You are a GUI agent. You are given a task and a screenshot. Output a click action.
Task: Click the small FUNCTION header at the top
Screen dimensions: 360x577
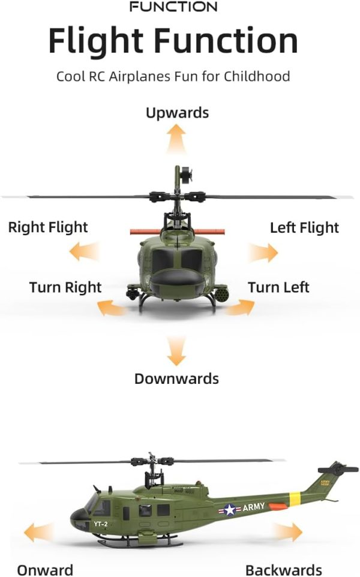(173, 7)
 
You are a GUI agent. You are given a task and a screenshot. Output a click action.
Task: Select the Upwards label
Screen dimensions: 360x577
(177, 113)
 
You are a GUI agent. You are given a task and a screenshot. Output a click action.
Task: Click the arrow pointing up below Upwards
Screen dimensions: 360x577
(176, 139)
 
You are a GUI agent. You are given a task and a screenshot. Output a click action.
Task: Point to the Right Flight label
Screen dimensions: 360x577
(48, 227)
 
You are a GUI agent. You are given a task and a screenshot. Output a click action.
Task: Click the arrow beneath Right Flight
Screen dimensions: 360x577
(84, 252)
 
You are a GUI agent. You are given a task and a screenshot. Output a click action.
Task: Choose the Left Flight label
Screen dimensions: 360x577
(304, 228)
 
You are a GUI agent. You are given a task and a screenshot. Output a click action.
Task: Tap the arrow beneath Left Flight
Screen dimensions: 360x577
(263, 253)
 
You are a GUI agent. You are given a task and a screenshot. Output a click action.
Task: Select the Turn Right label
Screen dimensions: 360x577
(65, 287)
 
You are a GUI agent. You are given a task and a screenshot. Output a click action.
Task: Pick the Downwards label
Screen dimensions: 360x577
(176, 378)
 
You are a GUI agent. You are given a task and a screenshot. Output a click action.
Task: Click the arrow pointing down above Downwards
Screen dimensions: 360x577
(176, 351)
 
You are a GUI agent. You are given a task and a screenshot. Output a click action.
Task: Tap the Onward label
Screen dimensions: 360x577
(45, 570)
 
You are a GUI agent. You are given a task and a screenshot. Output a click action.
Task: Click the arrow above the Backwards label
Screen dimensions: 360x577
(287, 532)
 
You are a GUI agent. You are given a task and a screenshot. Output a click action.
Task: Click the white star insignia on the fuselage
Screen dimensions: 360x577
(230, 510)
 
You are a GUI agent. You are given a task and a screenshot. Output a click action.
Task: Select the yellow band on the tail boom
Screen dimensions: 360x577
(295, 498)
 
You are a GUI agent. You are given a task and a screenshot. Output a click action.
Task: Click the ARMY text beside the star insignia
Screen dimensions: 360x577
(254, 507)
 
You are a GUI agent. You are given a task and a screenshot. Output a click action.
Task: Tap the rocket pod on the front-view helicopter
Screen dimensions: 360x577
(221, 294)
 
